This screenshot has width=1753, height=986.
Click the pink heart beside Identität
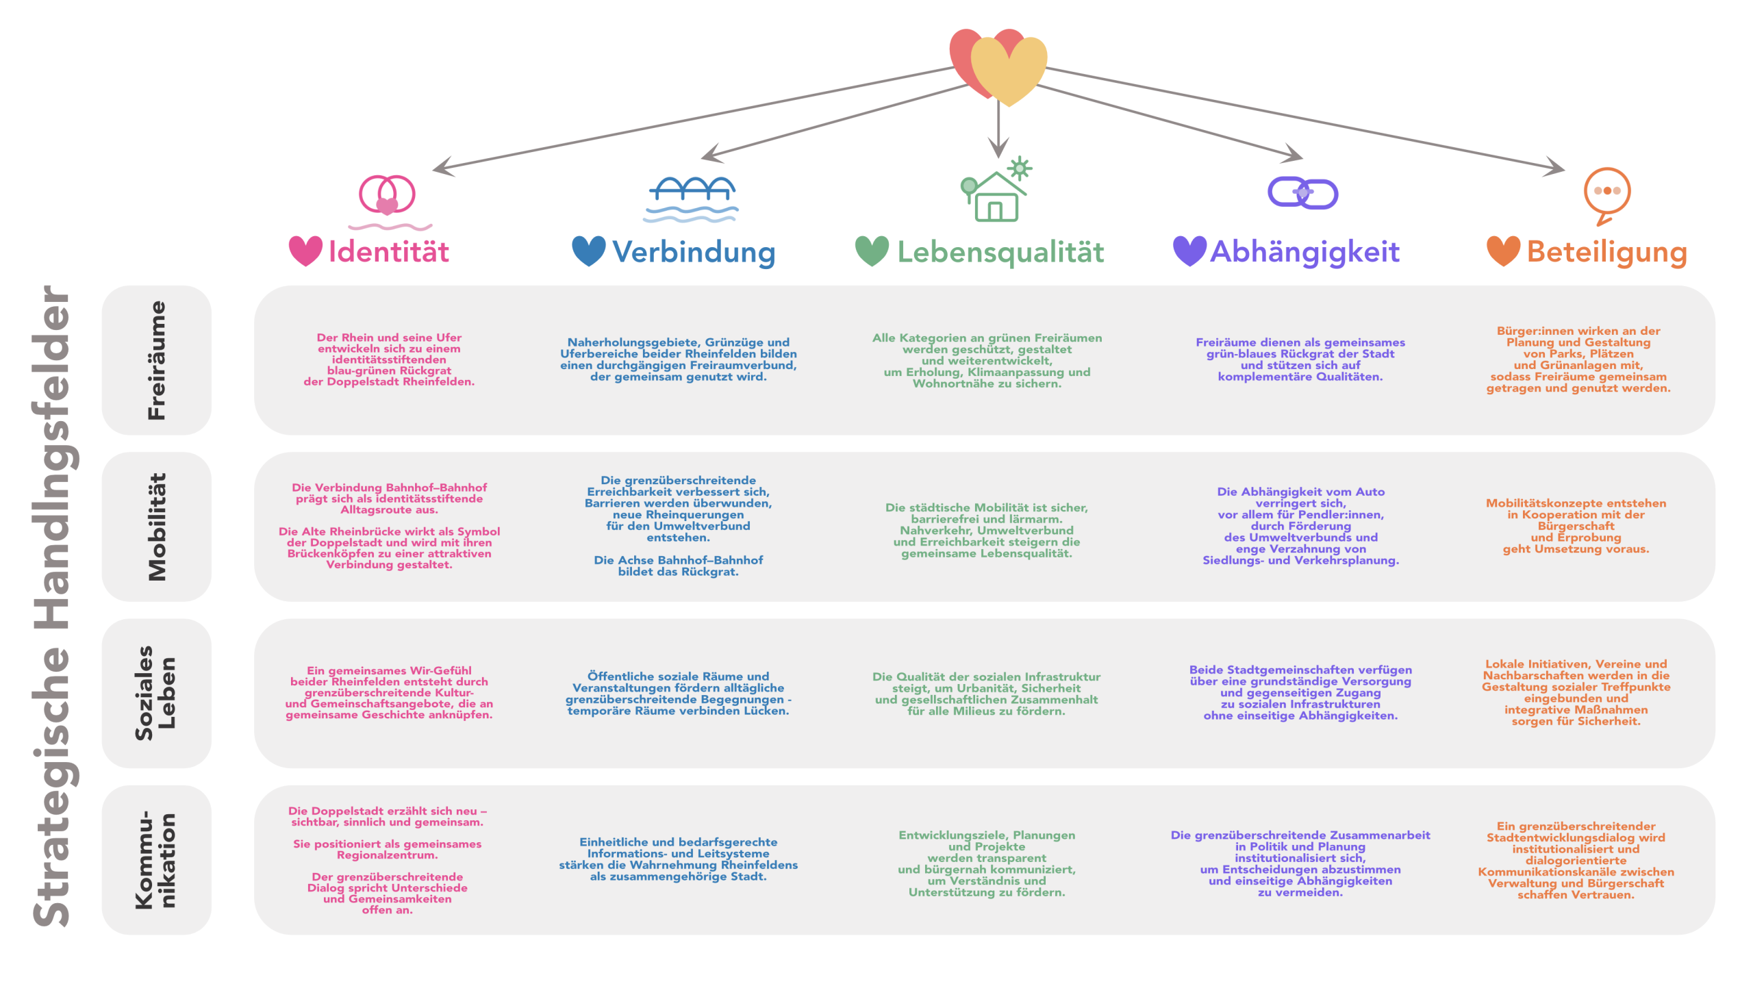click(x=305, y=251)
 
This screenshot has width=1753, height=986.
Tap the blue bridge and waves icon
click(x=691, y=199)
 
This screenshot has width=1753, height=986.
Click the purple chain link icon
click(x=1302, y=193)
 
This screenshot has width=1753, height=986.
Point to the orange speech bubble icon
click(x=1606, y=194)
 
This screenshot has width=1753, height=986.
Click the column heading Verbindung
click(x=693, y=252)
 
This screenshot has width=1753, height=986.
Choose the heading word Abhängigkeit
click(x=1305, y=252)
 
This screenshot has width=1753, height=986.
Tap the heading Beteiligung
click(x=1606, y=252)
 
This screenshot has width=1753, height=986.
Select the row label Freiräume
click(x=157, y=360)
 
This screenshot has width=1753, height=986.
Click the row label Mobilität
click(x=157, y=527)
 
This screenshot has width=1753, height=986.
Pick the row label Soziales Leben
click(x=157, y=693)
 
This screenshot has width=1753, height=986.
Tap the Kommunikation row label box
click(x=157, y=860)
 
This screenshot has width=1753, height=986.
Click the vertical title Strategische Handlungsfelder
click(x=53, y=606)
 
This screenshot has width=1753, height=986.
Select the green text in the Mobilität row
click(x=986, y=531)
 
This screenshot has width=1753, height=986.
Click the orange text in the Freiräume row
click(x=1578, y=359)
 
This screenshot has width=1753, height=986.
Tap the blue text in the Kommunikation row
click(x=678, y=859)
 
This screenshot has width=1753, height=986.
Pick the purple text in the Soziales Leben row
click(x=1300, y=692)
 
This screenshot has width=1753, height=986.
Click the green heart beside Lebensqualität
click(x=872, y=251)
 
